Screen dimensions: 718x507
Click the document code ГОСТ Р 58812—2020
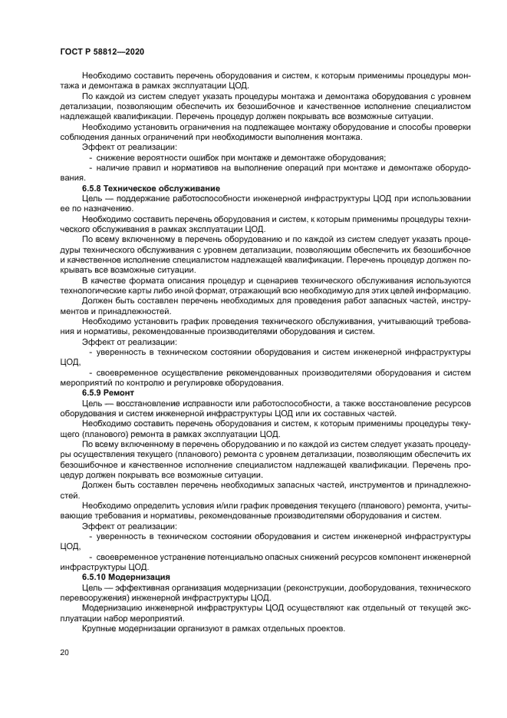102,50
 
